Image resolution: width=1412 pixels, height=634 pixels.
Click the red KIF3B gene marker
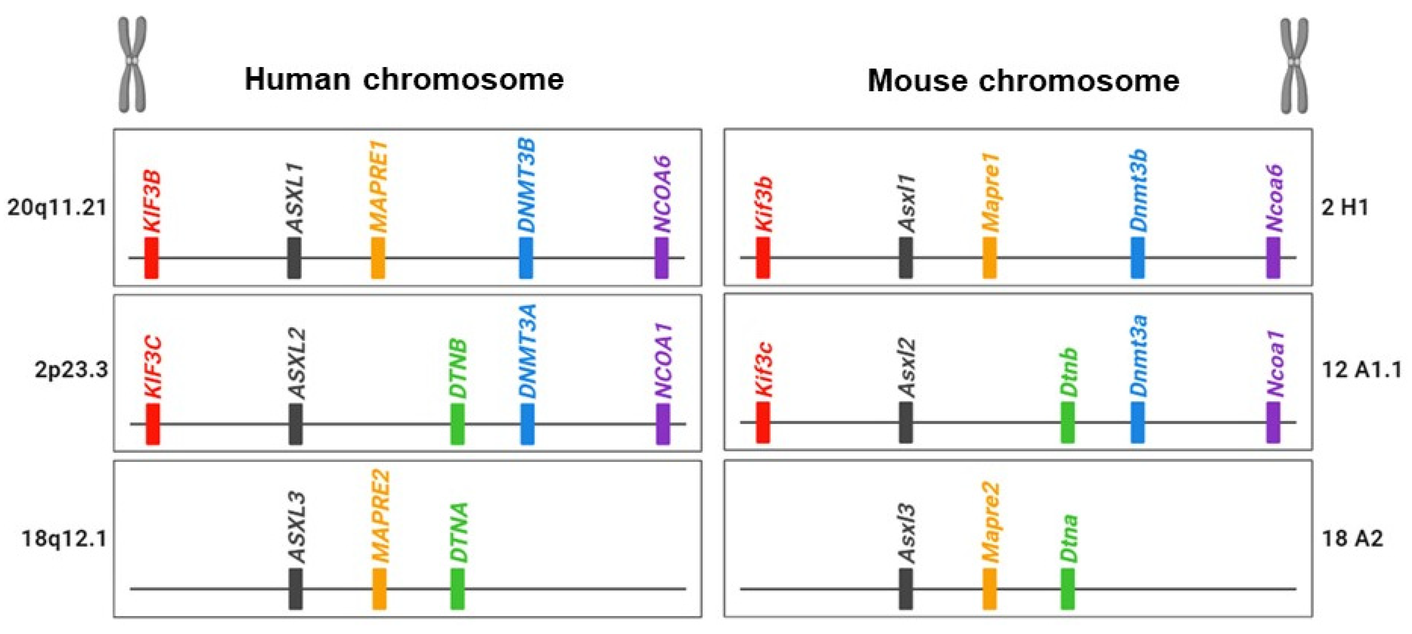(151, 258)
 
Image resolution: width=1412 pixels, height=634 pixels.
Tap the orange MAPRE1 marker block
(378, 258)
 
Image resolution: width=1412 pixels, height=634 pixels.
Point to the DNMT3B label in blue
(526, 186)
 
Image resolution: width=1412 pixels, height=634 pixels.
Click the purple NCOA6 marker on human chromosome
(662, 258)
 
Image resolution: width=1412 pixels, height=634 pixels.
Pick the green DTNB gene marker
(457, 424)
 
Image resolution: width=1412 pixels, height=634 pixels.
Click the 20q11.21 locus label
(57, 208)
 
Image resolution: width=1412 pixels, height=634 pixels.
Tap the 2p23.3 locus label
(71, 370)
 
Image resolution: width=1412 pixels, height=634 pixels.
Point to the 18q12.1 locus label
(64, 539)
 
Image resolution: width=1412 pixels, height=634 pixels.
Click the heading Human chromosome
(404, 79)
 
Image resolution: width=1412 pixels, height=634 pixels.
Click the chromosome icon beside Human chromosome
(133, 65)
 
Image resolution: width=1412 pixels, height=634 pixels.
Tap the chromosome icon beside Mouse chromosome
(1293, 66)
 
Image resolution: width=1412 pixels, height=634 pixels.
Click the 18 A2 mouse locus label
(1352, 539)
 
